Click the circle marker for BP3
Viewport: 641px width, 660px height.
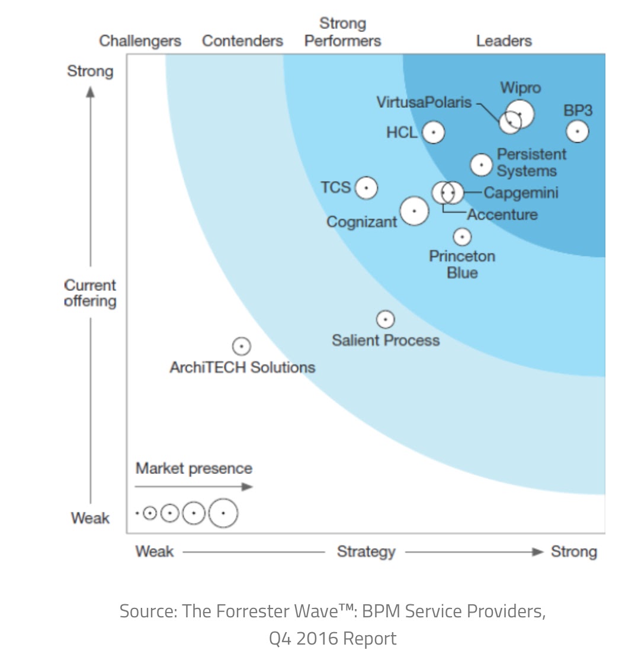coord(577,131)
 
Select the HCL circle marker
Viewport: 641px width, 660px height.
coord(434,133)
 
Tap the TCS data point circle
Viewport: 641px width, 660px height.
coord(366,188)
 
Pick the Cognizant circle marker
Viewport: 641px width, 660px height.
coord(414,211)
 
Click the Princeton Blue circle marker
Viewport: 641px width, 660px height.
coord(462,237)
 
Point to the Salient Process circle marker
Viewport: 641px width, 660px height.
coord(386,320)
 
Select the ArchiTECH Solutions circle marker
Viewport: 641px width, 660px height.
coord(241,346)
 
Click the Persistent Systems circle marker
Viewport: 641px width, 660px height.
coord(482,165)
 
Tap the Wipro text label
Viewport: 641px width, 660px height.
coord(520,88)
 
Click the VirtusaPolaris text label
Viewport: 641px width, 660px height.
coord(424,102)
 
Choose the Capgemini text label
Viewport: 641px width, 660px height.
coord(521,193)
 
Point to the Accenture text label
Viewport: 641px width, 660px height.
coord(502,214)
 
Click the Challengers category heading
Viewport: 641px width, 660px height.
coord(140,41)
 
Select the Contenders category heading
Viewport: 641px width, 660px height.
coord(242,41)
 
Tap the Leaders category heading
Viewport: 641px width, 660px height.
coord(504,41)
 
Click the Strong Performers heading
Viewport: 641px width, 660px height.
coord(342,32)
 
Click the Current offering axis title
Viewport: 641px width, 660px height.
coord(90,293)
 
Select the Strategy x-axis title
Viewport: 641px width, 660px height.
coord(366,552)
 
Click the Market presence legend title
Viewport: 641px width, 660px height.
coord(194,469)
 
